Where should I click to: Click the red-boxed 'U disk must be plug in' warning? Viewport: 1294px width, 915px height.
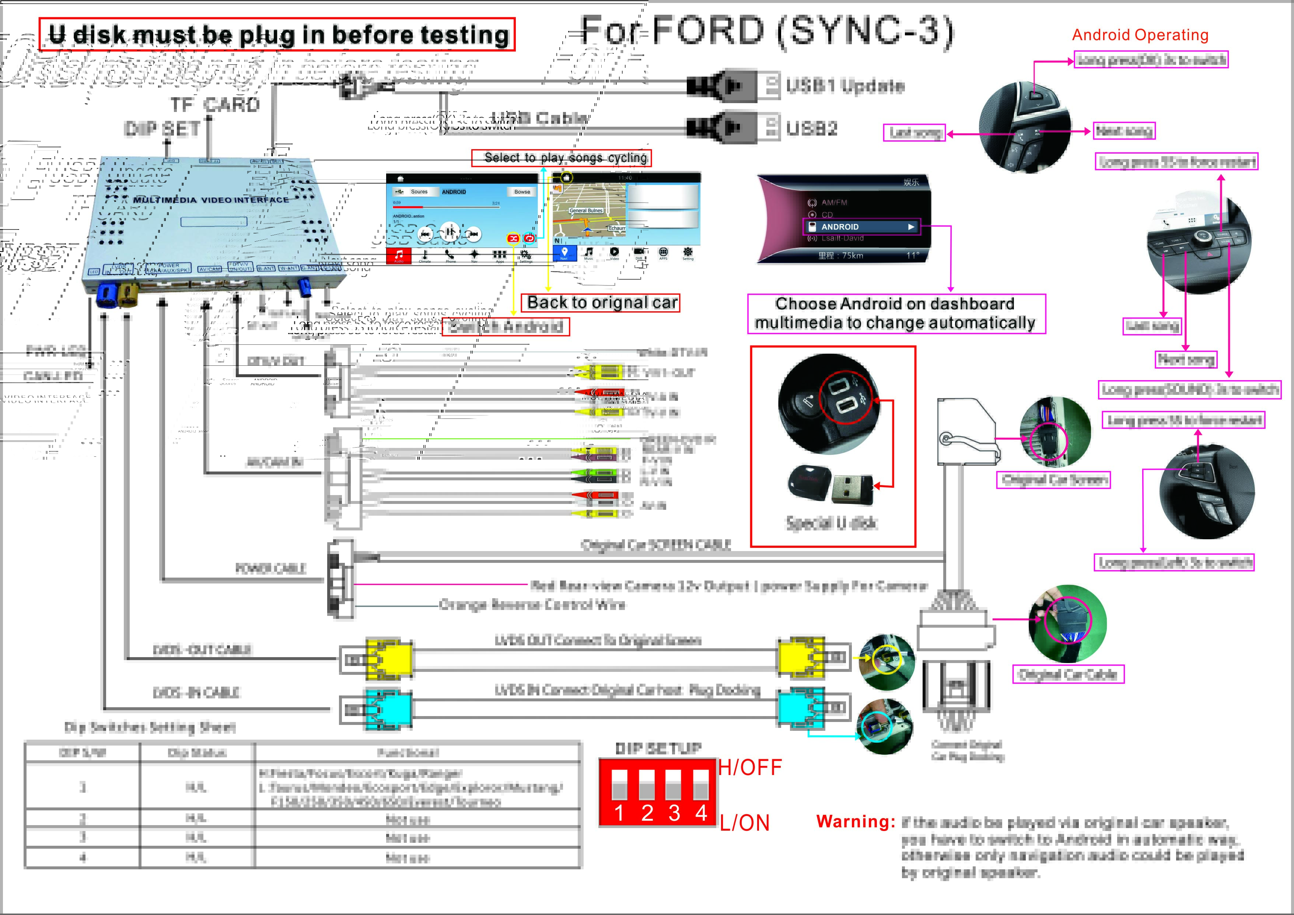pyautogui.click(x=277, y=34)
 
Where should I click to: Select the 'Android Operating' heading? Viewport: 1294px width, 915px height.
pyautogui.click(x=1140, y=35)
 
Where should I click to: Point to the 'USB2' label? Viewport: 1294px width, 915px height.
pyautogui.click(x=812, y=129)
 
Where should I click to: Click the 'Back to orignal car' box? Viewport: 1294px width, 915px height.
pyautogui.click(x=601, y=303)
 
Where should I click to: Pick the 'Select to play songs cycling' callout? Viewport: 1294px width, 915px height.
pyautogui.click(x=561, y=158)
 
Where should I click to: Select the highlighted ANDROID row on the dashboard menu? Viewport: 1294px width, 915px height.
pyautogui.click(x=861, y=227)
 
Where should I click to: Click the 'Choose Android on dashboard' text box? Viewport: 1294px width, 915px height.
pyautogui.click(x=896, y=313)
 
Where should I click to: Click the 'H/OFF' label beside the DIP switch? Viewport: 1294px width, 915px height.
pyautogui.click(x=749, y=767)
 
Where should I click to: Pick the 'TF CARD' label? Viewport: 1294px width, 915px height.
pyautogui.click(x=215, y=105)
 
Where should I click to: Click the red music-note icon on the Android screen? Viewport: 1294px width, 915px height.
pyautogui.click(x=398, y=255)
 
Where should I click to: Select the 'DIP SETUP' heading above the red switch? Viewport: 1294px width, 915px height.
pyautogui.click(x=658, y=748)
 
